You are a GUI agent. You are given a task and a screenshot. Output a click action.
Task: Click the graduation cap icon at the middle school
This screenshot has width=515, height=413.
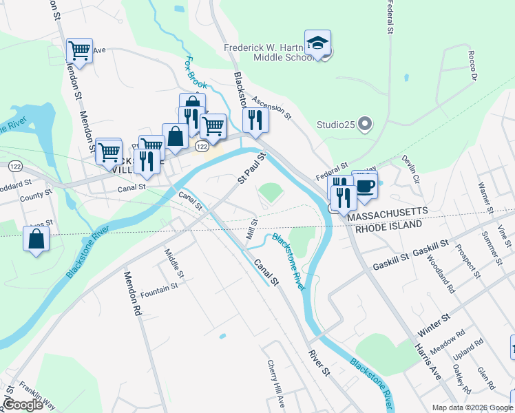click(318, 42)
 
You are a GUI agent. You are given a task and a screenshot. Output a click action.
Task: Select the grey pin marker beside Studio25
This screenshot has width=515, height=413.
click(366, 125)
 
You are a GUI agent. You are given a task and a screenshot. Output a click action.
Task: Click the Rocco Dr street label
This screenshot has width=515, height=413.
click(472, 65)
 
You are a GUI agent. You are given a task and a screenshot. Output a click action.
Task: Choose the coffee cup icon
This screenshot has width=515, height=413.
click(365, 184)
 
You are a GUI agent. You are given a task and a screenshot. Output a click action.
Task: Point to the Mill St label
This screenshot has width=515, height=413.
click(252, 229)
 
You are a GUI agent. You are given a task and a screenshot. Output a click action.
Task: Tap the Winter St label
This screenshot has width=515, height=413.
click(434, 322)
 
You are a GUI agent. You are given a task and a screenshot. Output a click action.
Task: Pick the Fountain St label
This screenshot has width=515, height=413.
click(159, 290)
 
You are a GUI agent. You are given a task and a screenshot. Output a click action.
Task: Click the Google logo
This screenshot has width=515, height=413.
click(23, 405)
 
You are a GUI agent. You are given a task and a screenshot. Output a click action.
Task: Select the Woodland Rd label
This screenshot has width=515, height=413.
click(441, 271)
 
